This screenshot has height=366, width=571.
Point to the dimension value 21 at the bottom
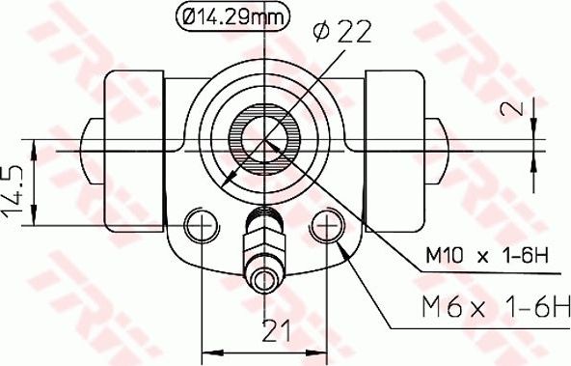(277, 331)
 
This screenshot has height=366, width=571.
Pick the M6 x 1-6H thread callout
(495, 308)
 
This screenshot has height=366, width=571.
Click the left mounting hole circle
(201, 227)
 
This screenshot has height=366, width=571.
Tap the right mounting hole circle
(328, 227)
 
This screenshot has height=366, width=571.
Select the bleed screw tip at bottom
(263, 281)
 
